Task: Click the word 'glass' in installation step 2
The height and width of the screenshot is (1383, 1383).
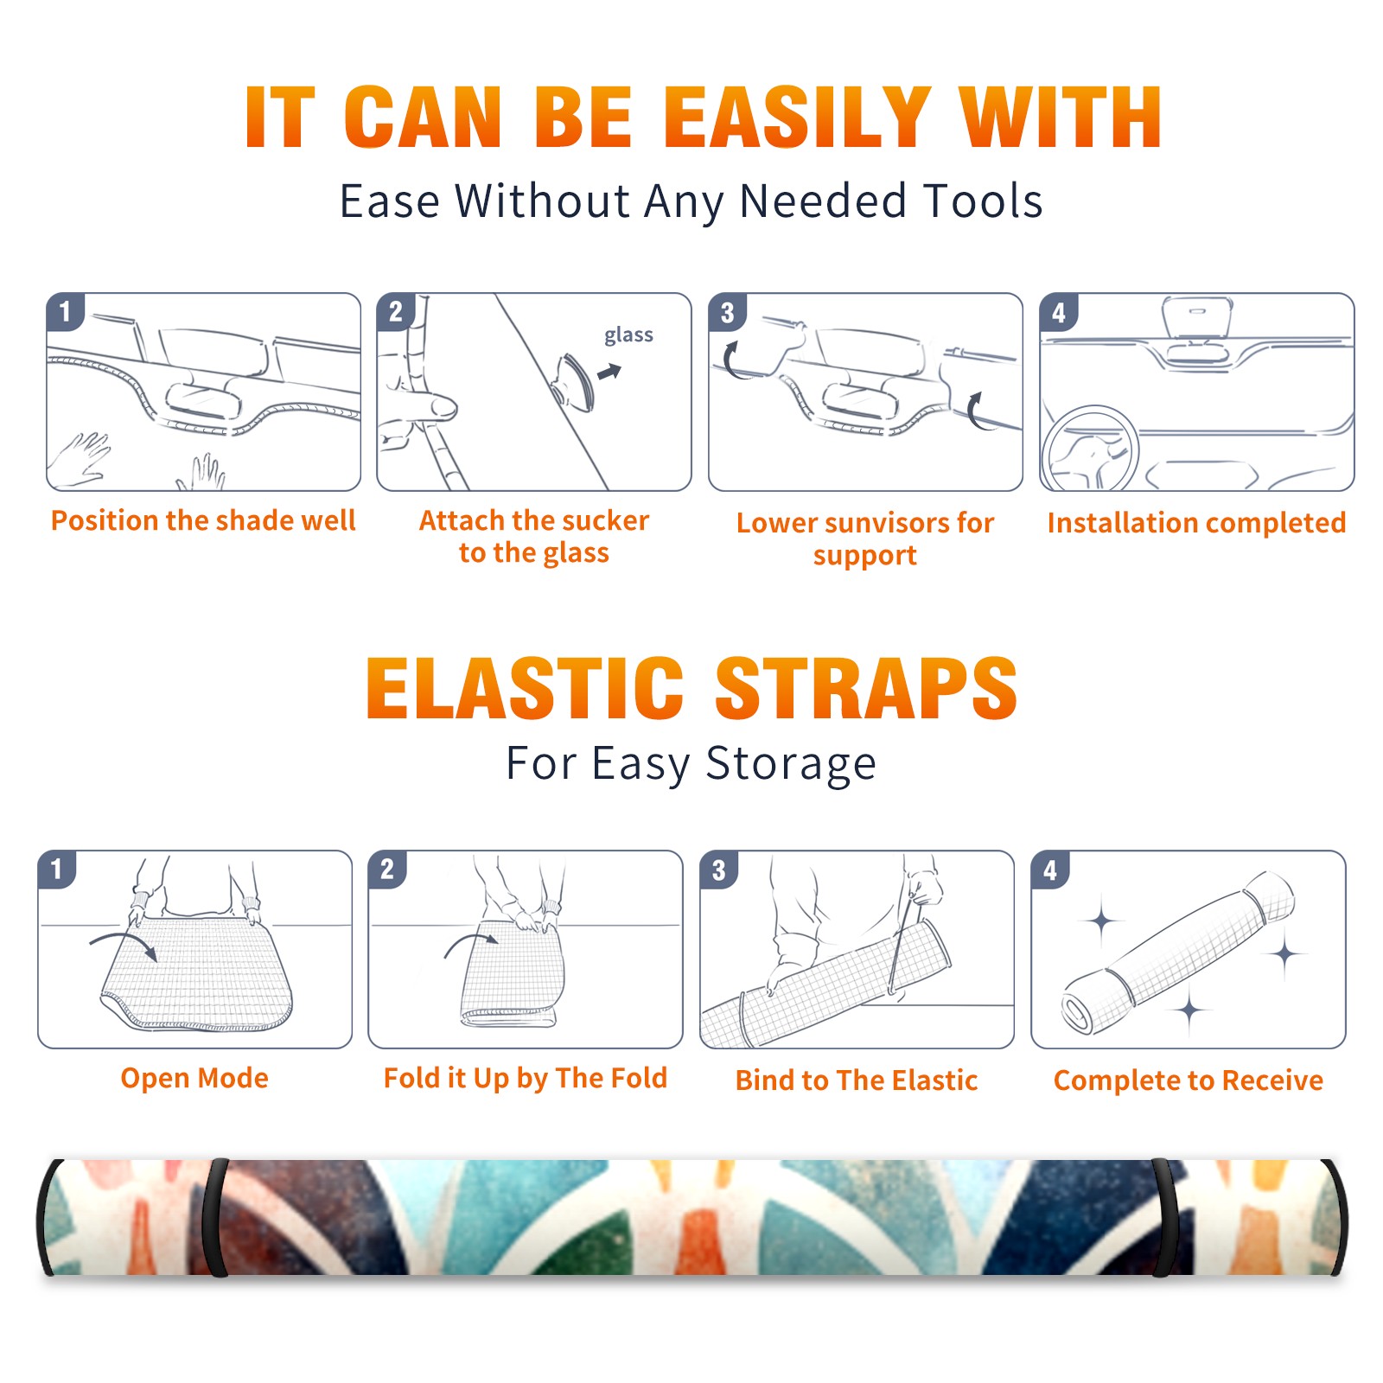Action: pos(628,335)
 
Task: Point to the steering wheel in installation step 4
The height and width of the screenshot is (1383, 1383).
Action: pos(1091,449)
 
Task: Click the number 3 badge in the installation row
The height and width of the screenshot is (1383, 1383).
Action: pos(727,312)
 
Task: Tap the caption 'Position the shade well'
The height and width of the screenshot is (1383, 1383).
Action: pos(203,520)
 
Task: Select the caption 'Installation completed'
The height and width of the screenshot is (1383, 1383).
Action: pos(1196,523)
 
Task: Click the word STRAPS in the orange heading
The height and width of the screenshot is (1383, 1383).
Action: pos(866,688)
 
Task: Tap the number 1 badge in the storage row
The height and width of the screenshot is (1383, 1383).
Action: pos(57,870)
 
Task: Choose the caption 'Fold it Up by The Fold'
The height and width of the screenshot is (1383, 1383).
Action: pos(526,1078)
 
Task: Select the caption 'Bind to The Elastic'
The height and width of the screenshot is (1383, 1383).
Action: pos(857,1080)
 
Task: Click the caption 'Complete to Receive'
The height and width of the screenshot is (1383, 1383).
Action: pos(1189,1080)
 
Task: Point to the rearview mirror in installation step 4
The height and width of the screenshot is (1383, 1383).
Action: pos(1197,319)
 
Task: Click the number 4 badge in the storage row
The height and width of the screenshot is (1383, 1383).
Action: pos(1050,870)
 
